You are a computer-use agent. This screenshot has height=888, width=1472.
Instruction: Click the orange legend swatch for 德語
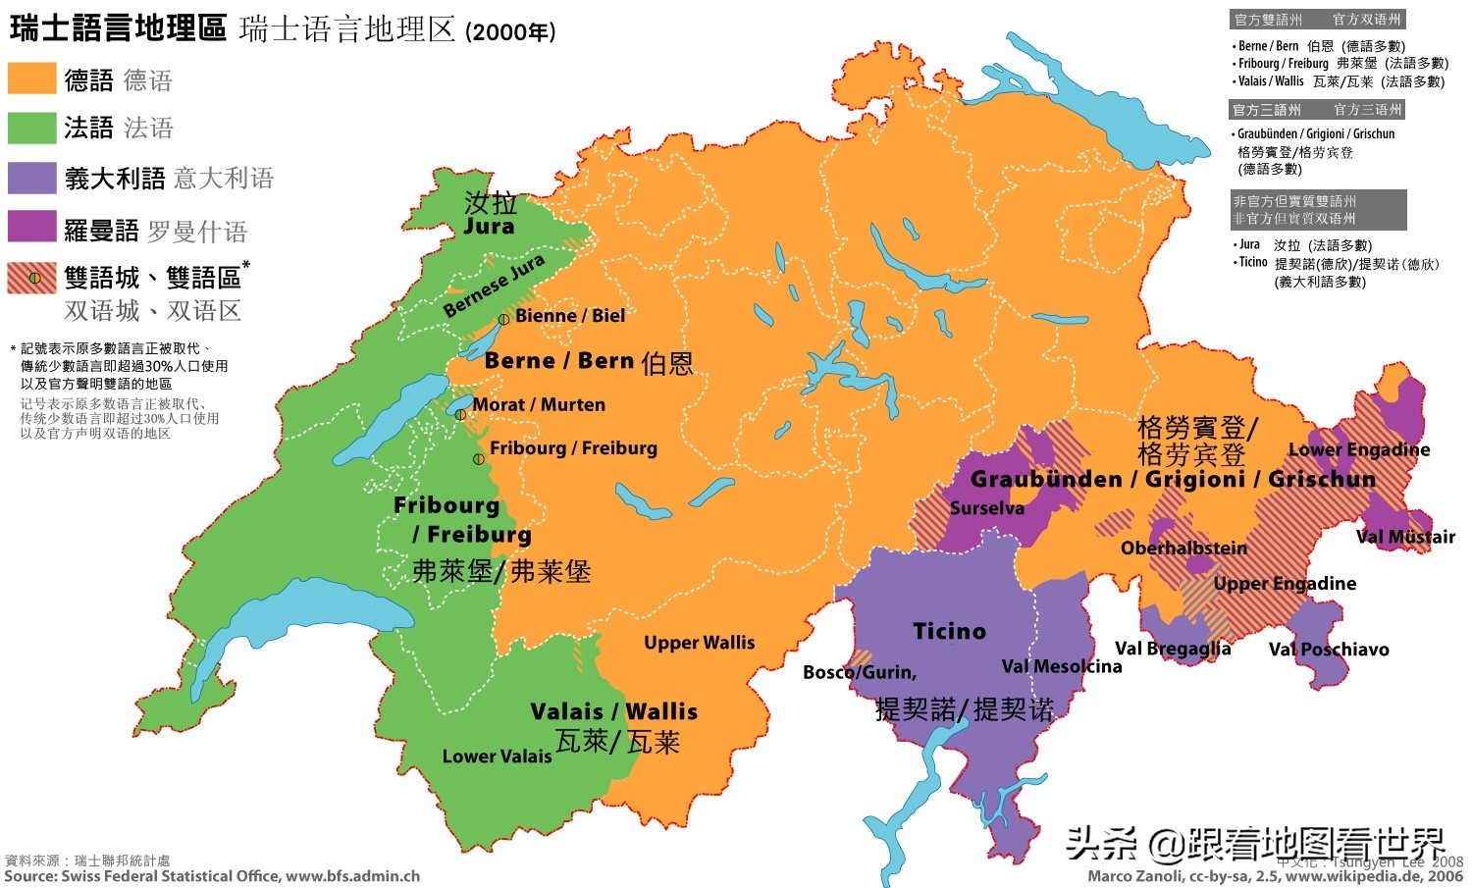(x=31, y=78)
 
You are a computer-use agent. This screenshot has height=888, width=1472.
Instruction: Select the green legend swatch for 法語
(x=31, y=128)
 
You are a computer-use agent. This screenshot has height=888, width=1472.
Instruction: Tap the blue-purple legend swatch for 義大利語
(x=31, y=178)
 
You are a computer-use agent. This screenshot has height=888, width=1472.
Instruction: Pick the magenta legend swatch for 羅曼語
(x=31, y=227)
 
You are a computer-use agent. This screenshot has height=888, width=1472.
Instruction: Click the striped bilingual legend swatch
(x=31, y=278)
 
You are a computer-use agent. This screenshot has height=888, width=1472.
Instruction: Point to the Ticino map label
(x=949, y=631)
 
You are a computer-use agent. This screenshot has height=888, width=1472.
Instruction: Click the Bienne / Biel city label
(x=569, y=315)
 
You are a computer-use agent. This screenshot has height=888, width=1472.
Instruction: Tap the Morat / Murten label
(x=538, y=404)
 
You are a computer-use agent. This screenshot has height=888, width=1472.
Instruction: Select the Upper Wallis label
(x=699, y=643)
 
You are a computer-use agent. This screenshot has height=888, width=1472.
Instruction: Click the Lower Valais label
(x=497, y=757)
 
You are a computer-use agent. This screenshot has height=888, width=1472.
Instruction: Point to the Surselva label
(x=986, y=508)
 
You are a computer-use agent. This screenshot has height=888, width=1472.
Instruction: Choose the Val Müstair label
(x=1405, y=537)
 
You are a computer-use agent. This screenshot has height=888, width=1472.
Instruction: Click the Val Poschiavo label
(x=1328, y=650)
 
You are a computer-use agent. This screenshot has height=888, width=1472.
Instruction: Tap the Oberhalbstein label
(x=1183, y=548)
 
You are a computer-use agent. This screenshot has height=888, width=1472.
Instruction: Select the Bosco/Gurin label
(x=859, y=672)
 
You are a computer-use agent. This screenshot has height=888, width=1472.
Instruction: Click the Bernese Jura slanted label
(x=494, y=287)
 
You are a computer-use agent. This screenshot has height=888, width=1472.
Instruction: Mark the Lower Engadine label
(x=1358, y=449)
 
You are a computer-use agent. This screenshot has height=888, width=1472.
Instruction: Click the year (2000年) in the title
(x=510, y=32)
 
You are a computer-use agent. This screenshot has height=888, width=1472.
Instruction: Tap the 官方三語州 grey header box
(x=1318, y=110)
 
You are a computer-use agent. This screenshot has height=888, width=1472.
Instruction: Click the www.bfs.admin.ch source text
(x=352, y=876)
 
